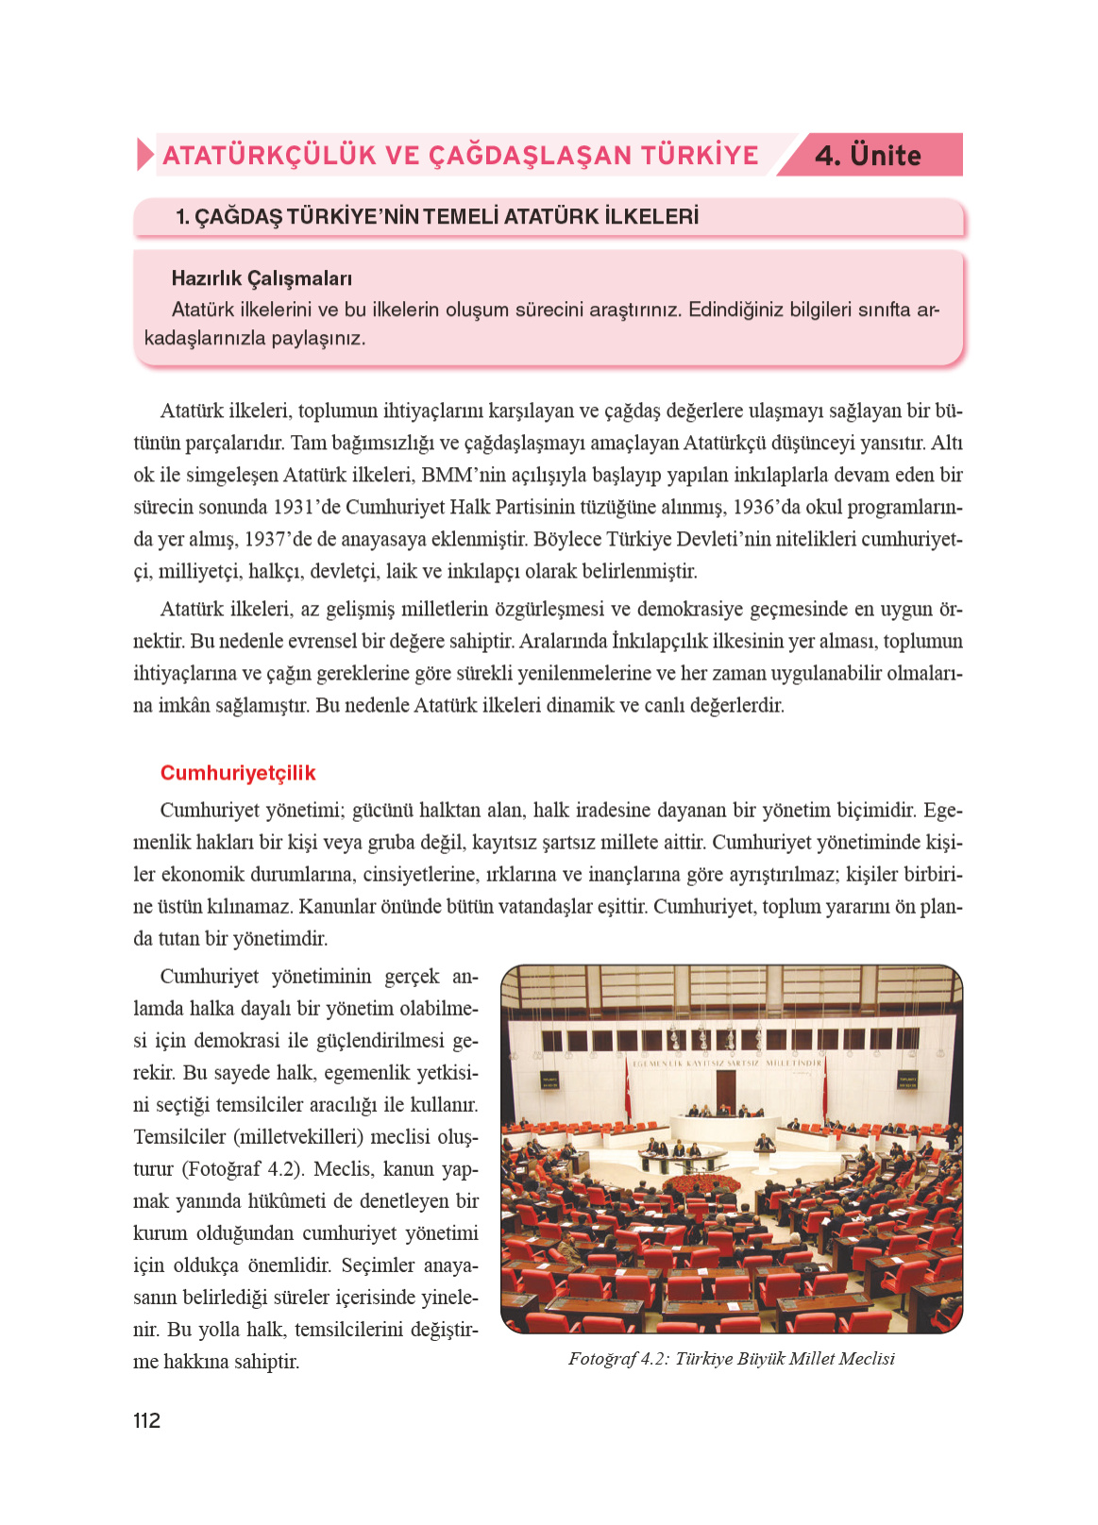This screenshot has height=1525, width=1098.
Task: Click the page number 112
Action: (x=146, y=1420)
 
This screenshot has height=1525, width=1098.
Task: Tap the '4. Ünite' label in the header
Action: (x=868, y=156)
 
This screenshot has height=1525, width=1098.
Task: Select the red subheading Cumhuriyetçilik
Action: (x=238, y=773)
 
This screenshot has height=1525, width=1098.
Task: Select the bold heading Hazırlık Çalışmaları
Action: (x=262, y=278)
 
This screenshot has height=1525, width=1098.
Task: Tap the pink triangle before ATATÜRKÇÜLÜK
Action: (x=144, y=155)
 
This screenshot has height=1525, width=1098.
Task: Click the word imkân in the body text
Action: (x=184, y=705)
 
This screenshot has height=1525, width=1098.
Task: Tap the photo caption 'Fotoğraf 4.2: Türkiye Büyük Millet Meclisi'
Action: (x=731, y=1359)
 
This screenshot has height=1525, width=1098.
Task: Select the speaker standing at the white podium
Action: (x=766, y=1144)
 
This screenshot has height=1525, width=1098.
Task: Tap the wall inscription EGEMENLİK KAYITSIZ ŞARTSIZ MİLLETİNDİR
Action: (x=725, y=1063)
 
